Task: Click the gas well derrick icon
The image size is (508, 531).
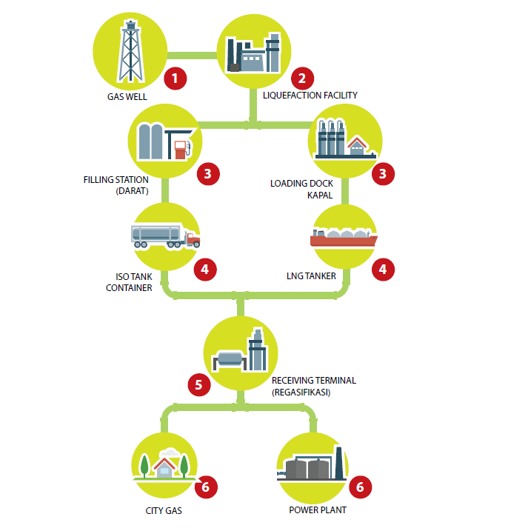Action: pyautogui.click(x=130, y=50)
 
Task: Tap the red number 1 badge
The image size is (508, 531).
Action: pyautogui.click(x=175, y=78)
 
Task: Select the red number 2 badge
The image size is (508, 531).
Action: pyautogui.click(x=301, y=78)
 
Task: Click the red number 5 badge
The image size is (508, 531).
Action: pyautogui.click(x=198, y=384)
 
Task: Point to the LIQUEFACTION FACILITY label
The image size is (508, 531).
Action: pyautogui.click(x=310, y=96)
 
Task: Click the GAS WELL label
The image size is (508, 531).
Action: pyautogui.click(x=127, y=97)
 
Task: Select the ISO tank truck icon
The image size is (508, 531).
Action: pyautogui.click(x=165, y=236)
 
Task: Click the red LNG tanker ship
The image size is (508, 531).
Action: pyautogui.click(x=344, y=238)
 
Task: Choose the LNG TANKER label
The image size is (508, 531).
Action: pyautogui.click(x=312, y=277)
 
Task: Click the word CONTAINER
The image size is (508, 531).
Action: pyautogui.click(x=129, y=287)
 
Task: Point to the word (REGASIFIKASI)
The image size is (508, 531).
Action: pyautogui.click(x=301, y=392)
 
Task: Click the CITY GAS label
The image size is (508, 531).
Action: pyautogui.click(x=164, y=510)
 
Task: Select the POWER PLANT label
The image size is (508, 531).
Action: pyautogui.click(x=318, y=510)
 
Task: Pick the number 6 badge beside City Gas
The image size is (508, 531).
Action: pyautogui.click(x=207, y=487)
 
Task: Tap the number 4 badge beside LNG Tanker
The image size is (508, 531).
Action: pyautogui.click(x=382, y=270)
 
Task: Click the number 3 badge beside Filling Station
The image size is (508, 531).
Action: pyautogui.click(x=208, y=175)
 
